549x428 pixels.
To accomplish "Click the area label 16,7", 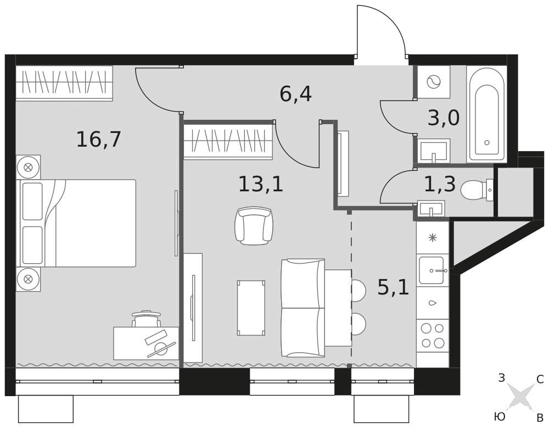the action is click(x=98, y=139).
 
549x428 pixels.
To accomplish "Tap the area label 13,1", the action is click(x=261, y=184).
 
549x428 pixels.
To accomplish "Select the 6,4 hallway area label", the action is click(x=295, y=94).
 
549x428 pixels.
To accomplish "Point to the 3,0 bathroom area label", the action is click(x=443, y=118).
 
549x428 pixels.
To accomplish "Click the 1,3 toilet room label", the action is click(x=440, y=185).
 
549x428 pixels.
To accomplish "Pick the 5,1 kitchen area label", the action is click(x=393, y=287).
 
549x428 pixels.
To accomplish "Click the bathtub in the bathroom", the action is click(x=486, y=115).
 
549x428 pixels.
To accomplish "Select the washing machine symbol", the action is click(x=434, y=82).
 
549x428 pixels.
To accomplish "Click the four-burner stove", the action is click(x=433, y=336).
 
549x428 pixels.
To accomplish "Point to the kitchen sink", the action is click(x=433, y=270).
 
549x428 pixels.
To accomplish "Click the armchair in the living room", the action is click(x=254, y=225).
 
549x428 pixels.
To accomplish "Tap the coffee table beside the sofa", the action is click(x=251, y=308).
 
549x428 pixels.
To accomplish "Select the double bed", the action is click(x=76, y=223).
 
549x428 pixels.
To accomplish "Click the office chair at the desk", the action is click(x=147, y=318).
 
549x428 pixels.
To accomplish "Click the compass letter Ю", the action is click(x=500, y=416).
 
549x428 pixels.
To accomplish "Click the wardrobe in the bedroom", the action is click(x=64, y=83).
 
